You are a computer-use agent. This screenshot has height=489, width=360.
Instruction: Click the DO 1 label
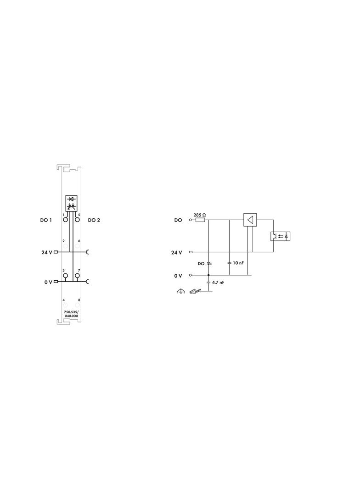(46, 220)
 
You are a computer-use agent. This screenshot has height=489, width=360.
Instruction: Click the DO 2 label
(94, 220)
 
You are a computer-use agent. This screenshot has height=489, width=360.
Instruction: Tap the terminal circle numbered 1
(65, 220)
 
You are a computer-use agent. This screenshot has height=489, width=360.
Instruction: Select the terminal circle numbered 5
(77, 220)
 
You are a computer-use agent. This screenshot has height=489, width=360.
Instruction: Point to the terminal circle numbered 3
(65, 276)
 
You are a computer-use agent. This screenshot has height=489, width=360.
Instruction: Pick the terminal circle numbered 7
(77, 276)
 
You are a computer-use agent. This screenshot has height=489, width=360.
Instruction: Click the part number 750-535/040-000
(72, 314)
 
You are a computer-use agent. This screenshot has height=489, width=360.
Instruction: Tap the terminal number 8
(79, 300)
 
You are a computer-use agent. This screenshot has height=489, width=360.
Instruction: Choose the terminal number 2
(63, 241)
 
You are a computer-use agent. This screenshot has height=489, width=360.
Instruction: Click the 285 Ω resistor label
(199, 215)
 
